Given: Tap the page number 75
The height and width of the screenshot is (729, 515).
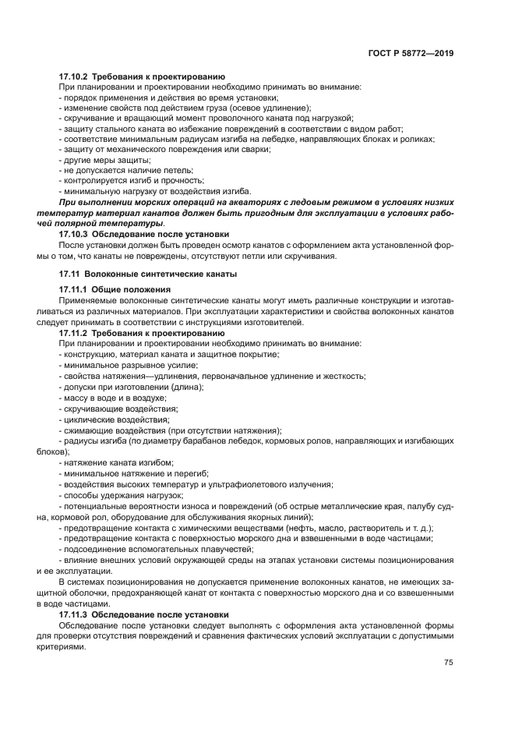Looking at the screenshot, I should tap(449, 663).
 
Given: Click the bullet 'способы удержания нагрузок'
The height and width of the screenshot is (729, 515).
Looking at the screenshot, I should tap(122, 494).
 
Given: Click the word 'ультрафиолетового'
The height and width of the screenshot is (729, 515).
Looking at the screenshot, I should tap(256, 484).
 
